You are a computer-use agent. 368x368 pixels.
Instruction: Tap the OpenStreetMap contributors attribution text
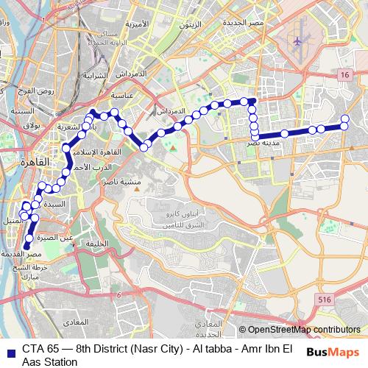click(x=303, y=330)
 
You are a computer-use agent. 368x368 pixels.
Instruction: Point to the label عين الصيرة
click(x=57, y=238)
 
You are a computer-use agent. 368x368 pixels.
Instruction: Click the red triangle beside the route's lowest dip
click(x=173, y=149)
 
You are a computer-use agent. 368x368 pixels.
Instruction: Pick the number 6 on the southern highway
click(x=118, y=294)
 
